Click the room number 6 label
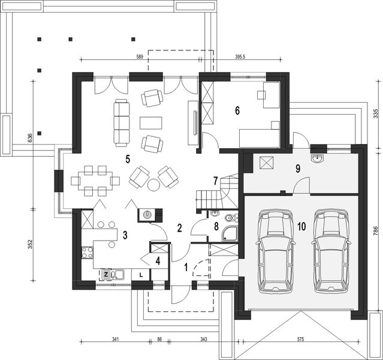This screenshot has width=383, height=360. pos(237,110)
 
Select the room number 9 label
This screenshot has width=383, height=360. pos(297,169)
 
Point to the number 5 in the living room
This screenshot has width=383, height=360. pos(127,159)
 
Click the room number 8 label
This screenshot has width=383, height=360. pos(216,226)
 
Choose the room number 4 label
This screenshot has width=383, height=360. pos(158,261)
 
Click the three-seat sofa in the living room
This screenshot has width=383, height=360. pos(122,122)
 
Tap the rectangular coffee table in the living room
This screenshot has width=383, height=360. pos(150,122)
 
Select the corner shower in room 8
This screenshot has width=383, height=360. pos(230,235)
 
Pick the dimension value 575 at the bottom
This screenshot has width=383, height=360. pos(301,340)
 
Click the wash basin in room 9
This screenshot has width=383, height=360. pos(318,158)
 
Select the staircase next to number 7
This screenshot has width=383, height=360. pos(219,192)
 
